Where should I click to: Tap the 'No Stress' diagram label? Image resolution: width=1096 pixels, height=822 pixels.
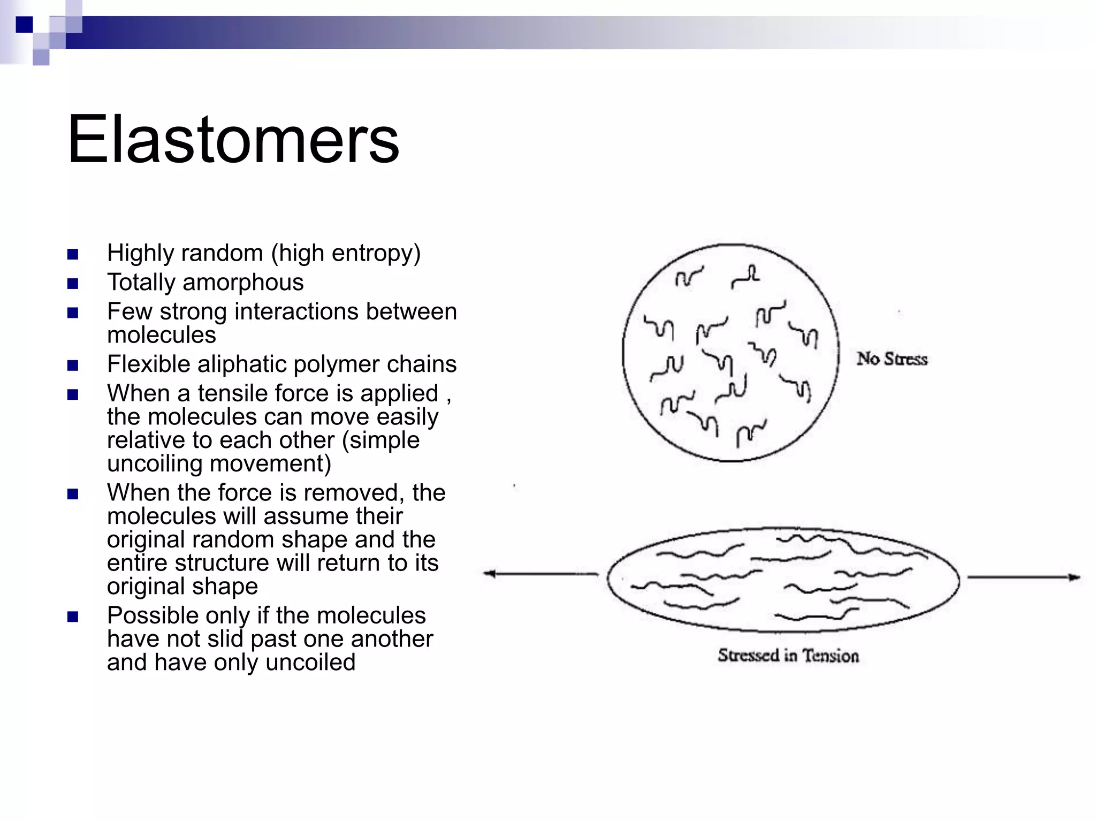[892, 359]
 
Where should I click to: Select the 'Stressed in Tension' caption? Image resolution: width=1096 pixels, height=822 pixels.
[788, 656]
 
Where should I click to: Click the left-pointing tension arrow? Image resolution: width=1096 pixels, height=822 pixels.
[541, 574]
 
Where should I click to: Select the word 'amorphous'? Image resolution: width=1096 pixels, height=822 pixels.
[243, 283]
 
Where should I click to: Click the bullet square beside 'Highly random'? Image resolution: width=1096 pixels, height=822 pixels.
[73, 254]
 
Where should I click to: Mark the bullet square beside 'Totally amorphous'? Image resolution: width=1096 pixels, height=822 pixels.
[73, 283]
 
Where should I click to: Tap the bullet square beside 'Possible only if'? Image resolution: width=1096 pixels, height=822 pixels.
[73, 616]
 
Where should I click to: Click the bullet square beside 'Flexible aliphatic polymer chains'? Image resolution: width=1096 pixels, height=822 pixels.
[73, 366]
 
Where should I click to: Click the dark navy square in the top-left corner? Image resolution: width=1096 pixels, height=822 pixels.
[24, 24]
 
